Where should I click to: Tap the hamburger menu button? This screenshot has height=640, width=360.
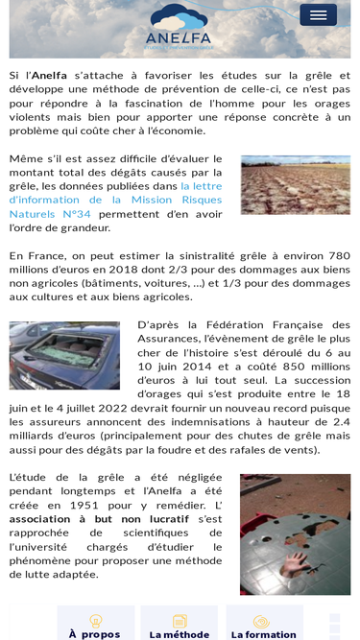coord(318,14)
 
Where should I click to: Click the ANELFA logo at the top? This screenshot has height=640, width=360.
coord(179,26)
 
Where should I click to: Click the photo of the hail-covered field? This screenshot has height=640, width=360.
coord(296,184)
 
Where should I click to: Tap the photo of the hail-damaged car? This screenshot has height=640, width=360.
coord(64,355)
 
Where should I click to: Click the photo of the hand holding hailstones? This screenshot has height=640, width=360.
coord(295,533)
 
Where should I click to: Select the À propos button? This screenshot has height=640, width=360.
coord(94,633)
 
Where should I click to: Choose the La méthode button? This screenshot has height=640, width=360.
coord(179,633)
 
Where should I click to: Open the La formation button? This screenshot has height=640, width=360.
coord(263,633)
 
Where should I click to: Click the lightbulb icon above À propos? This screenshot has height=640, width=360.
coord(95,621)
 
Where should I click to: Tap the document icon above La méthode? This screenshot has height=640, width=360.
coord(180,621)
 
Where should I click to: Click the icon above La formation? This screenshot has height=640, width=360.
coord(261,621)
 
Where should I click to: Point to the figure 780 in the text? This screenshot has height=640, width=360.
coord(339,255)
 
